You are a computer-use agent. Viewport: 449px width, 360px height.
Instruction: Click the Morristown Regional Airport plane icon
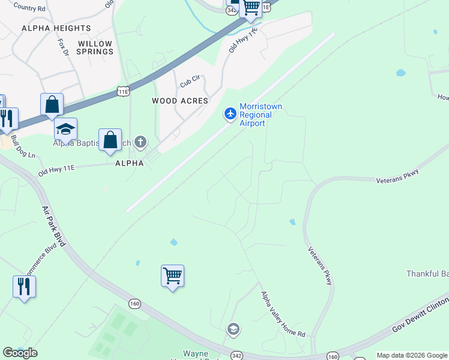(x=230, y=113)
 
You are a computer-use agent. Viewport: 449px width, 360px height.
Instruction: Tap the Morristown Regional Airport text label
(x=261, y=115)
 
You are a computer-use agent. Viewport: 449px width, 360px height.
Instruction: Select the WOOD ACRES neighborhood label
(x=180, y=101)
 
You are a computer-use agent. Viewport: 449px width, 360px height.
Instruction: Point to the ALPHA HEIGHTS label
(x=56, y=28)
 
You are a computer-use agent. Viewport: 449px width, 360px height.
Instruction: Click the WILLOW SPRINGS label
(x=95, y=47)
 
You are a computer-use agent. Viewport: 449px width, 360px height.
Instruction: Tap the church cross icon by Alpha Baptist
(x=140, y=142)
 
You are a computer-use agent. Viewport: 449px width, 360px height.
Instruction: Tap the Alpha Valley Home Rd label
(x=283, y=314)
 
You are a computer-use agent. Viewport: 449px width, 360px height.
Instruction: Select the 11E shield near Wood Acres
(x=122, y=91)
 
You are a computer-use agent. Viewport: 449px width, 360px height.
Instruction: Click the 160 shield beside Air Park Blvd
(x=134, y=304)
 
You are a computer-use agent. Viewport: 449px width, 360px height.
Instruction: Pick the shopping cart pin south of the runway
(x=173, y=276)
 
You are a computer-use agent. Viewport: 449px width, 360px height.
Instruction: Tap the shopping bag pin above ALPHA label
(x=110, y=140)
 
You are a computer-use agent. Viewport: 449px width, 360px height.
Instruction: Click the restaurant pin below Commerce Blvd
(x=24, y=286)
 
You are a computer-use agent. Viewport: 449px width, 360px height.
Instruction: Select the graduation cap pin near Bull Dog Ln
(x=65, y=129)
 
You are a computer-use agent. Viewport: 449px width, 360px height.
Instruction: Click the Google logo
(x=20, y=353)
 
